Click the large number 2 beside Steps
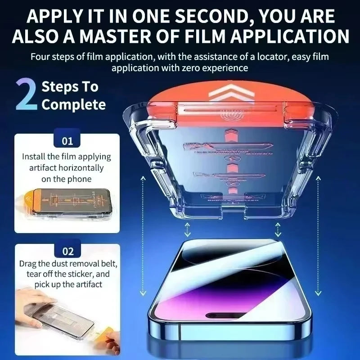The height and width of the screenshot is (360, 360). tap(26, 95)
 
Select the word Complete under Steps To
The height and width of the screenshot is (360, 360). tap(73, 105)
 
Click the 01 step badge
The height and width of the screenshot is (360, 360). tap(67, 141)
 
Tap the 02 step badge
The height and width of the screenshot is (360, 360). tap(67, 251)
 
